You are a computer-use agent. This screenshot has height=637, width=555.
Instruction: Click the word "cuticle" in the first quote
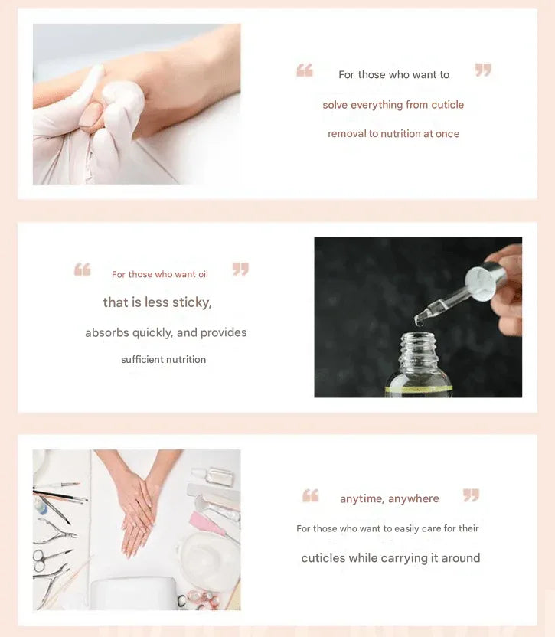[447, 105]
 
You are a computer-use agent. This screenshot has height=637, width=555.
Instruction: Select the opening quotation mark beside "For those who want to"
[305, 70]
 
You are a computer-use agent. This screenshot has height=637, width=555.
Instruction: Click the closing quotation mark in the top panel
[483, 70]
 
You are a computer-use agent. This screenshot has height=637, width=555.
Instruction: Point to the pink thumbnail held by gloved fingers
[91, 114]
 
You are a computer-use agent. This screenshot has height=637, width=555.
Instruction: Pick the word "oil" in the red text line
[203, 274]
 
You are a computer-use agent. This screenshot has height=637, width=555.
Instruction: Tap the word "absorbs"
[107, 333]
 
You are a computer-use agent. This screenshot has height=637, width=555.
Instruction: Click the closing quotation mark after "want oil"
[240, 269]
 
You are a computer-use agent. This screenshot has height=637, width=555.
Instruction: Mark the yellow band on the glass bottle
[419, 389]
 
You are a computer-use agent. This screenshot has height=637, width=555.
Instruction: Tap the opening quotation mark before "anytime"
[311, 495]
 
